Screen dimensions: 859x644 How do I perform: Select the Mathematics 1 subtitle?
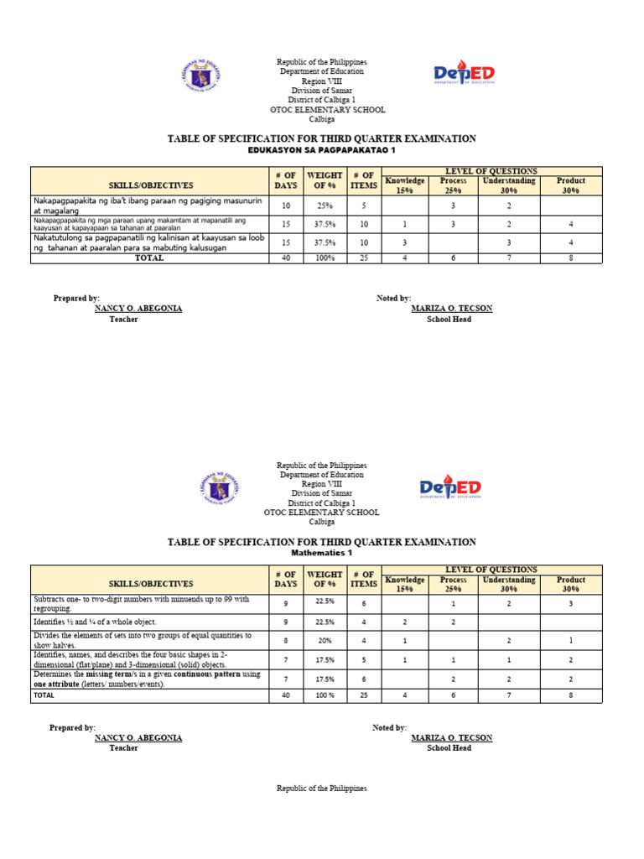(322, 554)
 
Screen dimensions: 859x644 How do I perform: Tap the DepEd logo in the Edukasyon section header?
(464, 75)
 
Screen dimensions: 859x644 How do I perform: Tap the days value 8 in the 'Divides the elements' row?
(286, 640)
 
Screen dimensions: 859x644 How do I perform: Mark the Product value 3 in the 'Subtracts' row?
(571, 603)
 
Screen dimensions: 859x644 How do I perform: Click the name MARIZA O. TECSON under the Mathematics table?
(452, 737)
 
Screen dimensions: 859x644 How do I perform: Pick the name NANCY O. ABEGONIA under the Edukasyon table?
(138, 309)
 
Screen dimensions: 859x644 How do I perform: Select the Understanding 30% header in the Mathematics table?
(509, 584)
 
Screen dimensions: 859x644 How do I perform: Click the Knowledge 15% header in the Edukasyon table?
(405, 185)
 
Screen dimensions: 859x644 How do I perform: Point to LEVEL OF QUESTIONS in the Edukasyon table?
(491, 171)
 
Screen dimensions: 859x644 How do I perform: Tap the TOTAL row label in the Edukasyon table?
(149, 258)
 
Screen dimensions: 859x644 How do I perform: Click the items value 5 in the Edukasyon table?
(364, 205)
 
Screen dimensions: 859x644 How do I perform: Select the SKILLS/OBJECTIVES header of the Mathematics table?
(151, 584)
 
